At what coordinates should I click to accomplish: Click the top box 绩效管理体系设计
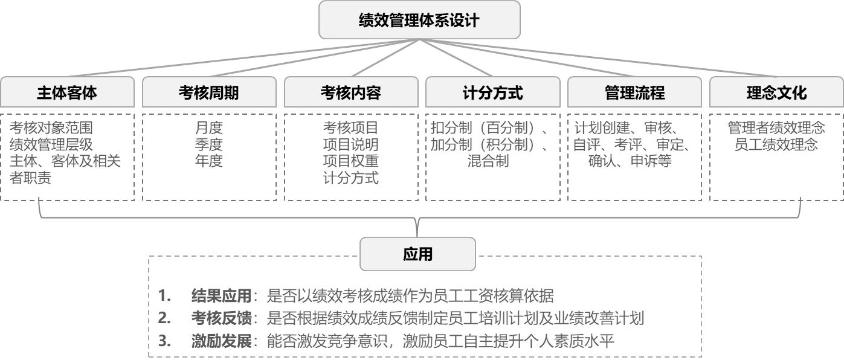pyautogui.click(x=419, y=19)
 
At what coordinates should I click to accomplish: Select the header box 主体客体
pyautogui.click(x=68, y=92)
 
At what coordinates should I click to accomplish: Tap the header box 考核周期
pyautogui.click(x=209, y=92)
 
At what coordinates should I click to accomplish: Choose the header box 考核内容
pyautogui.click(x=351, y=92)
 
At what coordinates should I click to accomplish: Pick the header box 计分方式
pyautogui.click(x=493, y=92)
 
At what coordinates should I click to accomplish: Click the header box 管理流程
pyautogui.click(x=634, y=92)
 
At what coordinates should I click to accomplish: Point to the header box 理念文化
pyautogui.click(x=776, y=92)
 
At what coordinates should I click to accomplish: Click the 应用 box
pyautogui.click(x=417, y=254)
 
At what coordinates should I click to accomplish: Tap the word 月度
pyautogui.click(x=209, y=127)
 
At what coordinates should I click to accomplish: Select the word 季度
pyautogui.click(x=209, y=144)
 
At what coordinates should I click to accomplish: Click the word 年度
pyautogui.click(x=209, y=161)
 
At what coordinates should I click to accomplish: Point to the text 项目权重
pyautogui.click(x=351, y=161)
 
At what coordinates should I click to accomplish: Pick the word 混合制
pyautogui.click(x=488, y=161)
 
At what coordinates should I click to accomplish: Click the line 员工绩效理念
pyautogui.click(x=776, y=144)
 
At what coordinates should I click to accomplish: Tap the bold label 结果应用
pyautogui.click(x=221, y=295)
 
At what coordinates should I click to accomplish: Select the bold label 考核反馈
pyautogui.click(x=221, y=318)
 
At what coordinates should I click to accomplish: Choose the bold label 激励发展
pyautogui.click(x=221, y=341)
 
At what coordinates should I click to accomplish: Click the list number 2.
pyautogui.click(x=164, y=318)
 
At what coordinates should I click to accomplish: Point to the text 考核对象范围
pyautogui.click(x=51, y=127)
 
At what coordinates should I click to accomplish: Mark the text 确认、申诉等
pyautogui.click(x=630, y=161)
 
